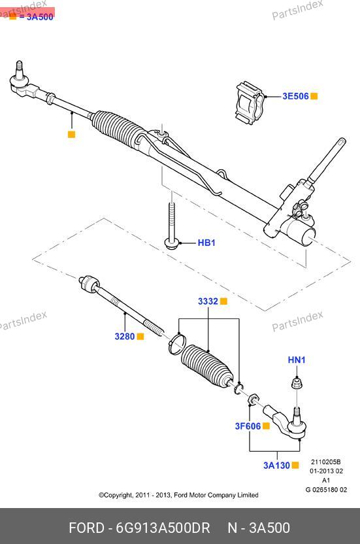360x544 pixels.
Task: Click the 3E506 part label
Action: pos(295,96)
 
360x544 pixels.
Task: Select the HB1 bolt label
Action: pos(206,243)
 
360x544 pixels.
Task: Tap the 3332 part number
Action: pos(208,301)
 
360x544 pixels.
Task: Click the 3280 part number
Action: pos(125,336)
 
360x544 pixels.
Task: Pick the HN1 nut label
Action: pos(297,360)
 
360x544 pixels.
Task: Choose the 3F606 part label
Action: pos(248,426)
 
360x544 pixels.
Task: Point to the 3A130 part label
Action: pos(276,466)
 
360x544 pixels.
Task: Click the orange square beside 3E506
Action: pos(314,96)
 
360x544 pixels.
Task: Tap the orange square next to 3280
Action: pos(140,336)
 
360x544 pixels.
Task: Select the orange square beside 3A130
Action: pos(295,466)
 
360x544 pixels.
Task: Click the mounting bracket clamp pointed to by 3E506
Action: pos(250,103)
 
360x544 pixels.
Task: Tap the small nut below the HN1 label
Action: pos(297,383)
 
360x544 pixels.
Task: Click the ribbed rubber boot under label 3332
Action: pos(207,365)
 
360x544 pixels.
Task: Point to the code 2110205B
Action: pos(325,462)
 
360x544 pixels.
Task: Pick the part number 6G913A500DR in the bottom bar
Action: pos(163,528)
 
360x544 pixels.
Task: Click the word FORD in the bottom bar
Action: pos(86,528)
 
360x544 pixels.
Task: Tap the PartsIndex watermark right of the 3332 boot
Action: pos(297,321)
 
